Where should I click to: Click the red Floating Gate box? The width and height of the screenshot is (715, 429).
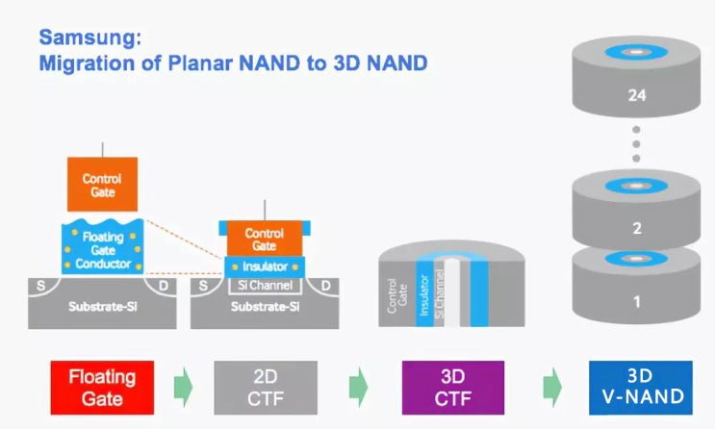coord(100,387)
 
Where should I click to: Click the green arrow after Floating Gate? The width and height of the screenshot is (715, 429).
coord(182,387)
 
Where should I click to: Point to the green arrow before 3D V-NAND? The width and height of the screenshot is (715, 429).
coord(552,387)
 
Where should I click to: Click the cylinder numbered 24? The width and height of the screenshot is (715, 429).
coord(635,96)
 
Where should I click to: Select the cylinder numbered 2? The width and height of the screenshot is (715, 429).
coord(635,230)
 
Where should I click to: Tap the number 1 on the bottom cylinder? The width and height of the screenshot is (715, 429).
coord(635,302)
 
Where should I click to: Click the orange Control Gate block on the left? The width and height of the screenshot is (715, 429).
coord(102,186)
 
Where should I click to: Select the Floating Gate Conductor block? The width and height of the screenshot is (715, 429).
coord(103,246)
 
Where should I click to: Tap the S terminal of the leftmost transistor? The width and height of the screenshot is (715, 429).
coord(41,285)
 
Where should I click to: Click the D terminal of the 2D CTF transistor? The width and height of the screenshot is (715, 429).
coord(326,286)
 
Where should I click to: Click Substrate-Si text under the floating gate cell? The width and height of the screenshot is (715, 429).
coord(103,310)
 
